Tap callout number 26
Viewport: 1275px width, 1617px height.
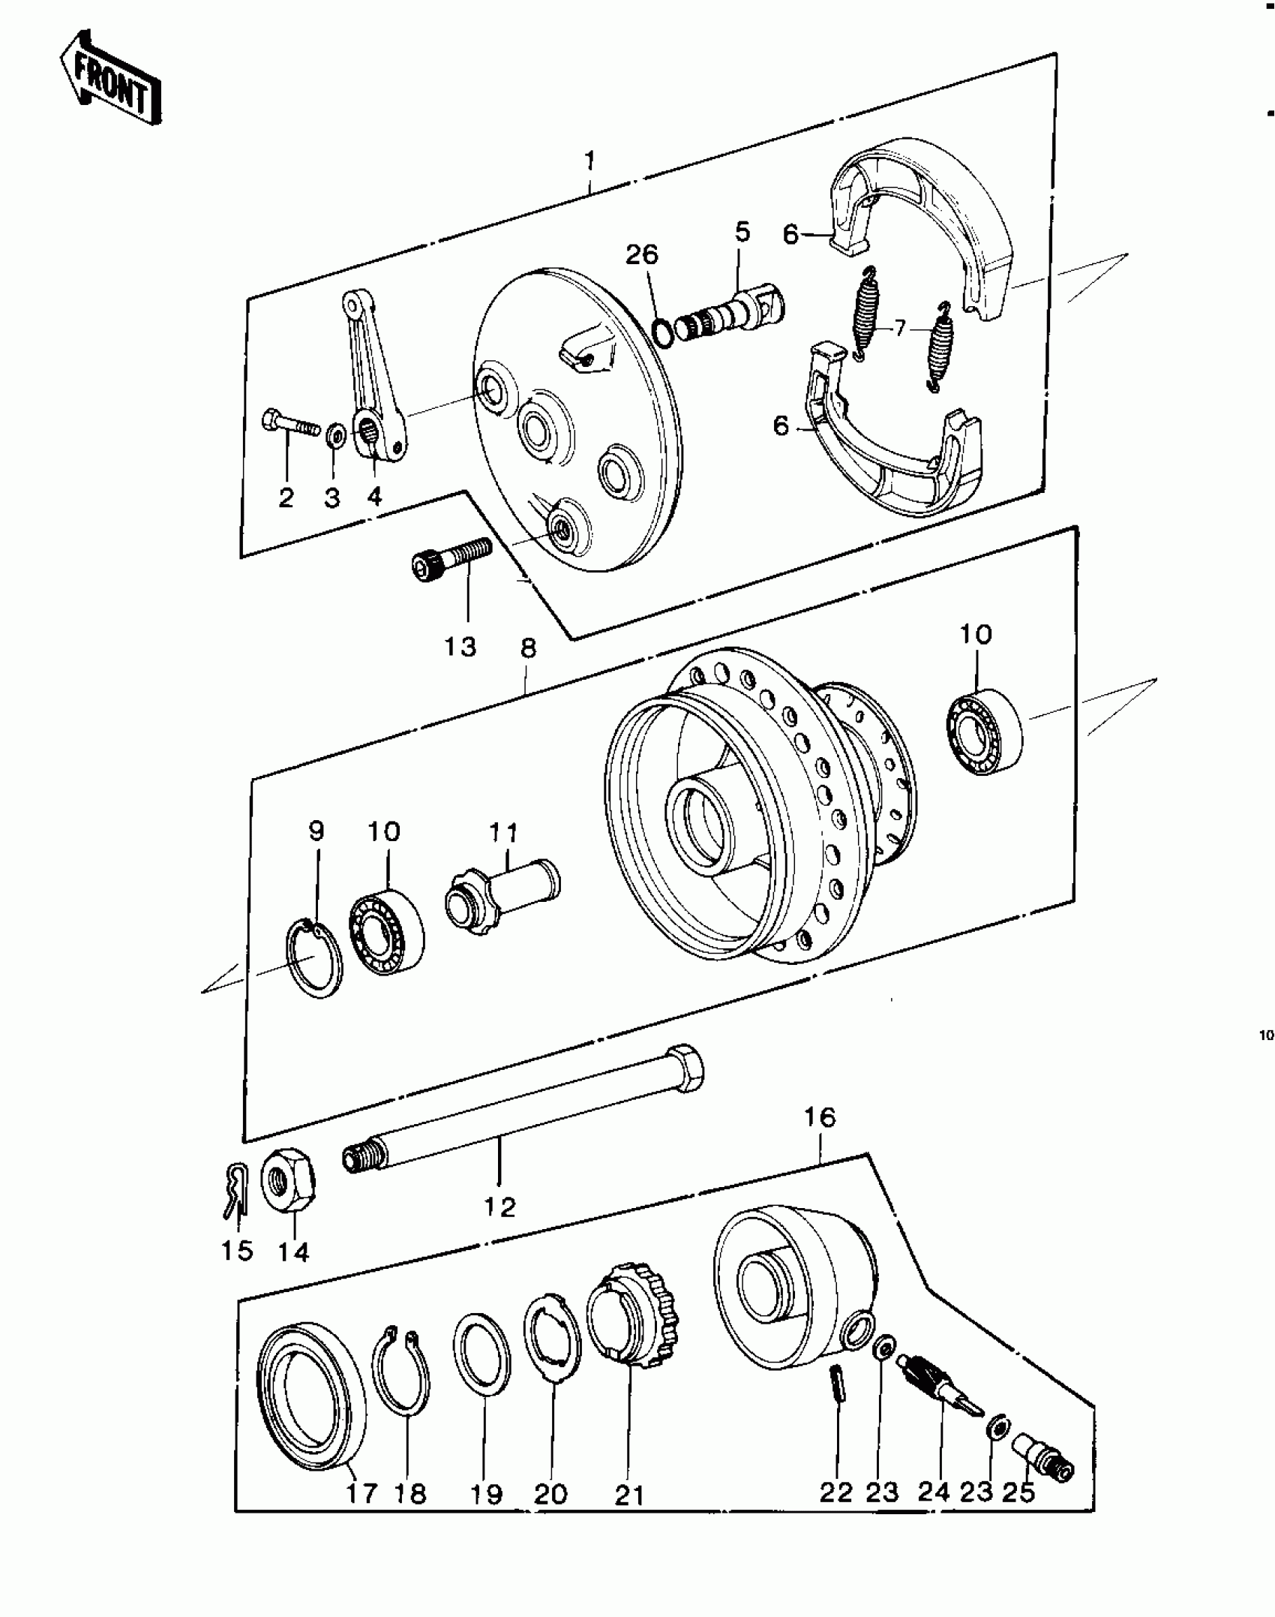coord(642,255)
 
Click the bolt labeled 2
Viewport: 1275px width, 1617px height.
coord(289,426)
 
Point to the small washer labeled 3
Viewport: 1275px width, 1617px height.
coord(334,434)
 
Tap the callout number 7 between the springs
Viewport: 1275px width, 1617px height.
coord(899,328)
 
